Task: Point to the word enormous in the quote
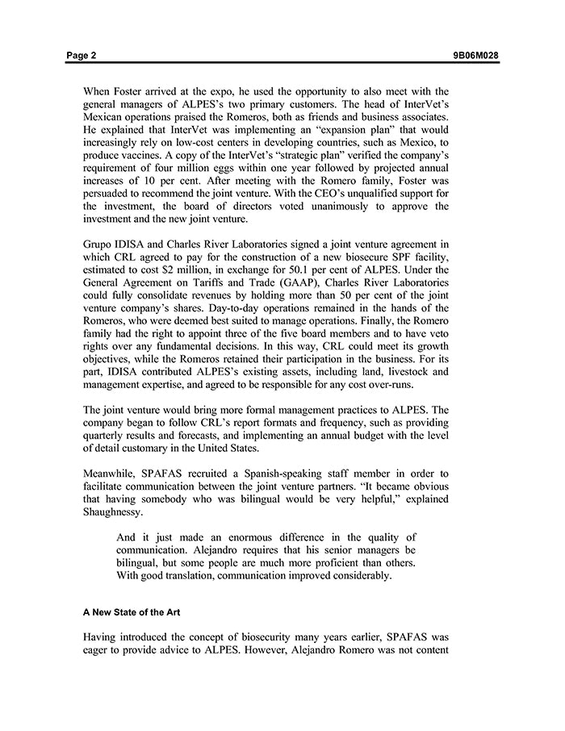point(235,538)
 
